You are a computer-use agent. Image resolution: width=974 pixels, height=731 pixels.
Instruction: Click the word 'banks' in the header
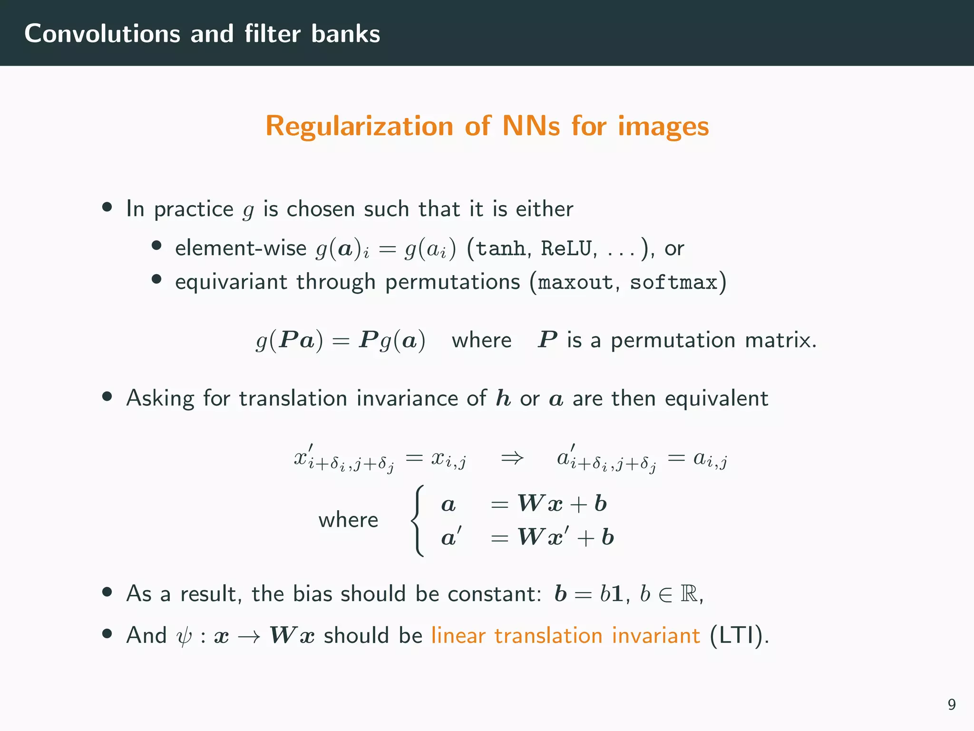click(x=345, y=34)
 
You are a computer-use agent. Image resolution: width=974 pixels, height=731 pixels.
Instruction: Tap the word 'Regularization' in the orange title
click(x=359, y=126)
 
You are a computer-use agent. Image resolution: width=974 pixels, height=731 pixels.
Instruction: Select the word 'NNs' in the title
click(x=531, y=126)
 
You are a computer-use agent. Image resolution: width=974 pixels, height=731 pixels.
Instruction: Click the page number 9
click(x=951, y=704)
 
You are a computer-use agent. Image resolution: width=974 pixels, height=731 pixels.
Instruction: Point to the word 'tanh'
click(x=500, y=248)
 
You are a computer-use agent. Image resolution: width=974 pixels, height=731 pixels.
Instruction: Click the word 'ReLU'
click(x=566, y=248)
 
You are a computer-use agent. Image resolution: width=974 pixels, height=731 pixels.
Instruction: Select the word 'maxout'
click(x=575, y=283)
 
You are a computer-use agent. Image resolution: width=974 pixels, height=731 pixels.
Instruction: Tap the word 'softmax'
click(x=673, y=283)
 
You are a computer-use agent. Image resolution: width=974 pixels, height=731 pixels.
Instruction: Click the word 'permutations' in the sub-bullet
click(x=452, y=282)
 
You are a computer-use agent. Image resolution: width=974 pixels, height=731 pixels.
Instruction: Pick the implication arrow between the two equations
click(x=512, y=458)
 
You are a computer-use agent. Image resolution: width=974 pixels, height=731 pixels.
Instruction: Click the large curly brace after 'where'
click(x=417, y=521)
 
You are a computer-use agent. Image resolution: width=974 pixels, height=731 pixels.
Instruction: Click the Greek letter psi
click(x=184, y=636)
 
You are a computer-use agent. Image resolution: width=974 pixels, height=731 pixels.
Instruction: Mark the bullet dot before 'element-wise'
click(x=156, y=246)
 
